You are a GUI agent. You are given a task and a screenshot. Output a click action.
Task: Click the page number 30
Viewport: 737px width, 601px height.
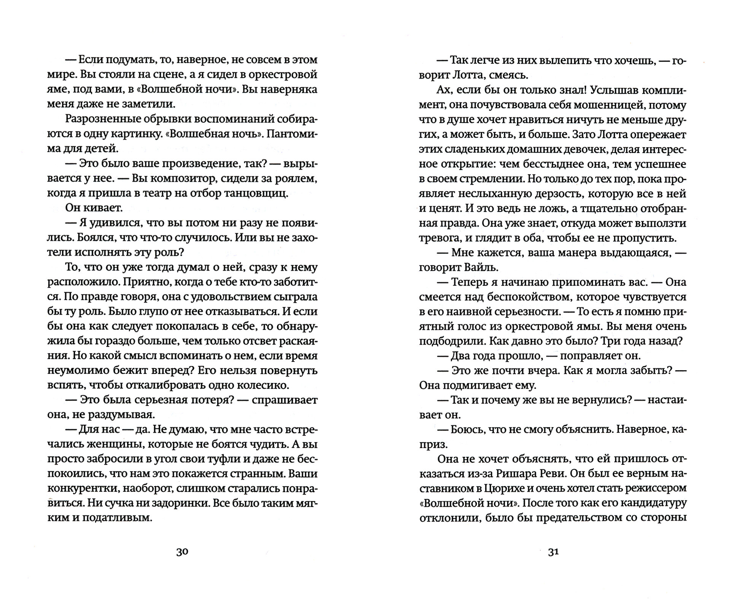(x=182, y=552)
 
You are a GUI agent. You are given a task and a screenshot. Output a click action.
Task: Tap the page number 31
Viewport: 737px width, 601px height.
(x=553, y=552)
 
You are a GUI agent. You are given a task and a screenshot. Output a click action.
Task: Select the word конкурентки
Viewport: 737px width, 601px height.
(x=76, y=488)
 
